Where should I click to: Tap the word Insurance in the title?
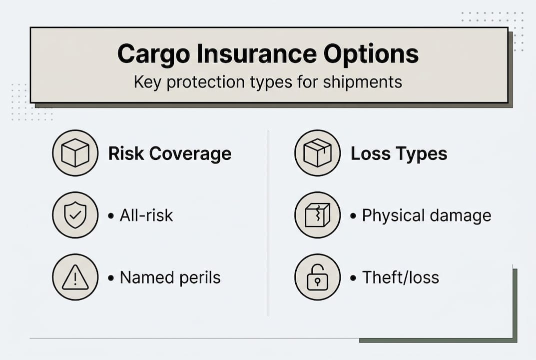(255, 54)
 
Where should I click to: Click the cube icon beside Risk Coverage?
(75, 153)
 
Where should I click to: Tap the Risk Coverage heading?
(170, 153)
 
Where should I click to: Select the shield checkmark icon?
(75, 215)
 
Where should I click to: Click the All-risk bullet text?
(146, 215)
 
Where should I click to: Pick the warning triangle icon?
(75, 277)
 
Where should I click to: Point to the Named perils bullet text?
(170, 277)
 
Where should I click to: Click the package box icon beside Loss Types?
(317, 153)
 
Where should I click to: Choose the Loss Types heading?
(399, 153)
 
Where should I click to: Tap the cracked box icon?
(317, 215)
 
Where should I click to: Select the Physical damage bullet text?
(426, 215)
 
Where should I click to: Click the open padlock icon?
(317, 277)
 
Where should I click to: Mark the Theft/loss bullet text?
(400, 277)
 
